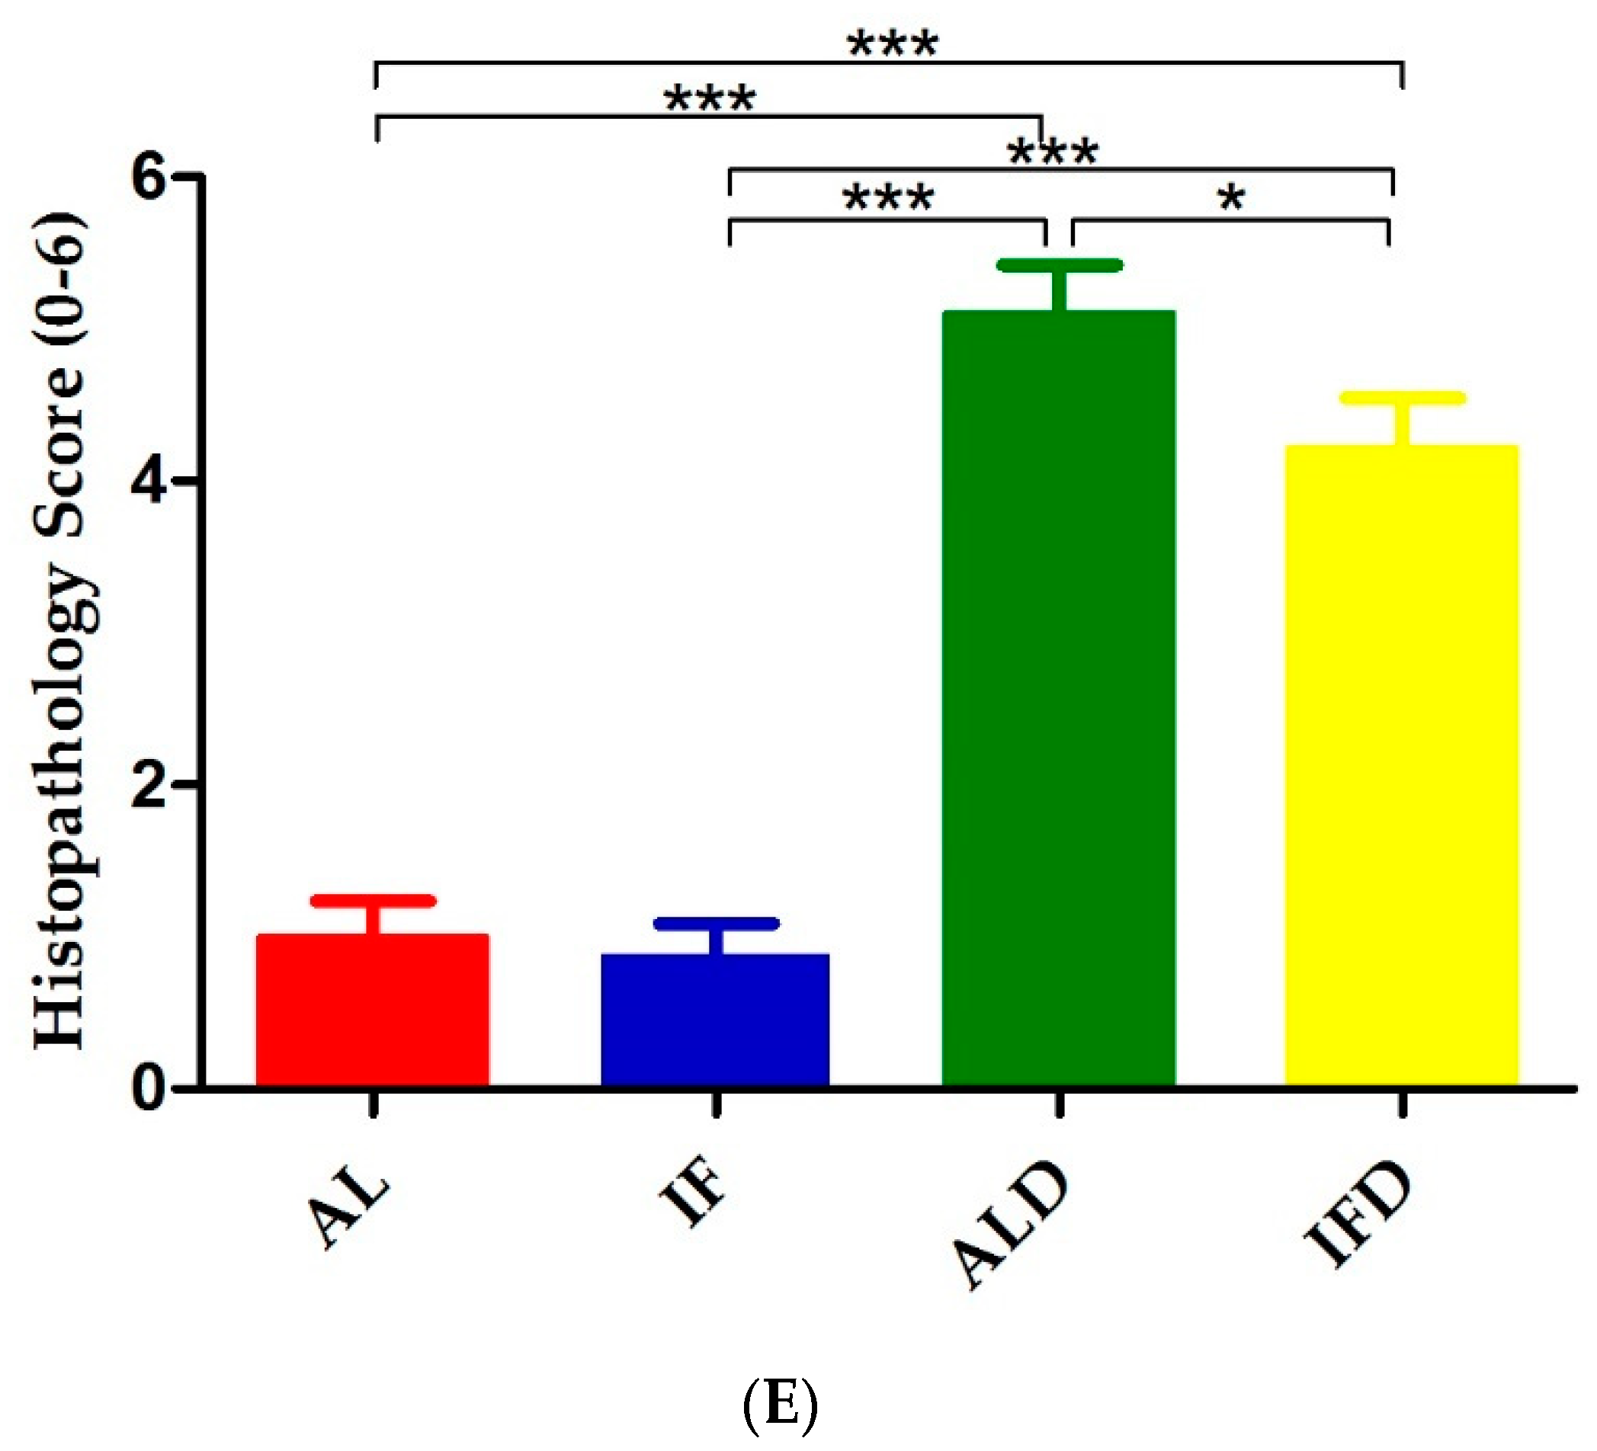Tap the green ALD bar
point(1058,697)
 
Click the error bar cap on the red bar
point(373,902)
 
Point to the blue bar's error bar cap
point(716,924)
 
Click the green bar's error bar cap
point(1059,265)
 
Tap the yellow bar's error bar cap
point(1402,399)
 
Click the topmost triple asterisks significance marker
point(893,44)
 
